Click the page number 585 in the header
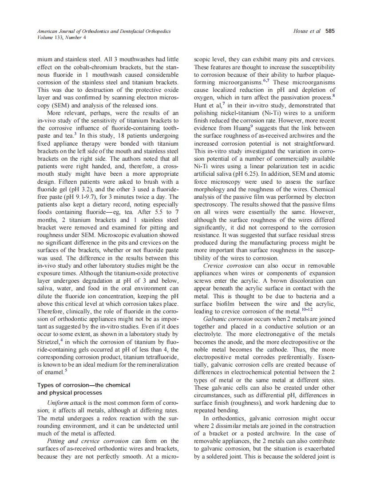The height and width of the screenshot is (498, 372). tap(330, 31)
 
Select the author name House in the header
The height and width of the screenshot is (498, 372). tap(301, 31)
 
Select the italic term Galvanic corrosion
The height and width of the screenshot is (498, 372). tap(225, 319)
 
